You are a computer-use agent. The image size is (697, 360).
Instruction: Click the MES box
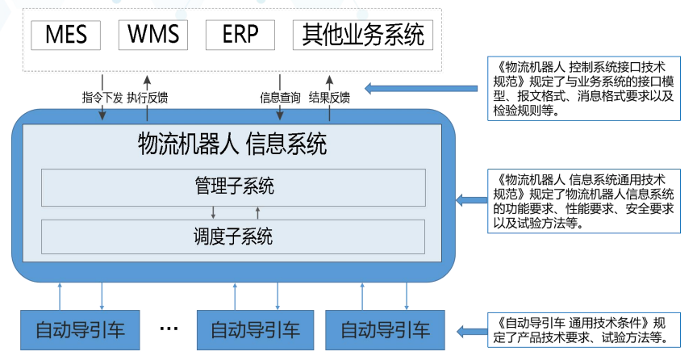point(65,35)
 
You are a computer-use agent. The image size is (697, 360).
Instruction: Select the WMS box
point(153,35)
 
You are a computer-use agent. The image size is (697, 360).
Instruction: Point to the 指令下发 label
point(102,98)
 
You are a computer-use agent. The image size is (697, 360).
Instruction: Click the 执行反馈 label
point(148,98)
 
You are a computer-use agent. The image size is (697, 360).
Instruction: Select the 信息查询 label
point(280,98)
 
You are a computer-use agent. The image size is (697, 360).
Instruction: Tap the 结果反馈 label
point(329,98)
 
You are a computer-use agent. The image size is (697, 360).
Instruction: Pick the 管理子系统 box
point(234,187)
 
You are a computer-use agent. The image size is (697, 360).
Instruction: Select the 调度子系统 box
point(234,237)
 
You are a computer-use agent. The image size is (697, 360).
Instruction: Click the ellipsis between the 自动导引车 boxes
point(169,329)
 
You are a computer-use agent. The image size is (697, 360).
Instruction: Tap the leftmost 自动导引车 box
point(80,329)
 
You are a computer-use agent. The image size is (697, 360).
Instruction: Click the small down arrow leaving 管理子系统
point(213,212)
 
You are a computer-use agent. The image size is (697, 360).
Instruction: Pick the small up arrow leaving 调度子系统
point(258,212)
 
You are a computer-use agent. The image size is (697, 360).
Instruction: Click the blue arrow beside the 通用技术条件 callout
point(472,330)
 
